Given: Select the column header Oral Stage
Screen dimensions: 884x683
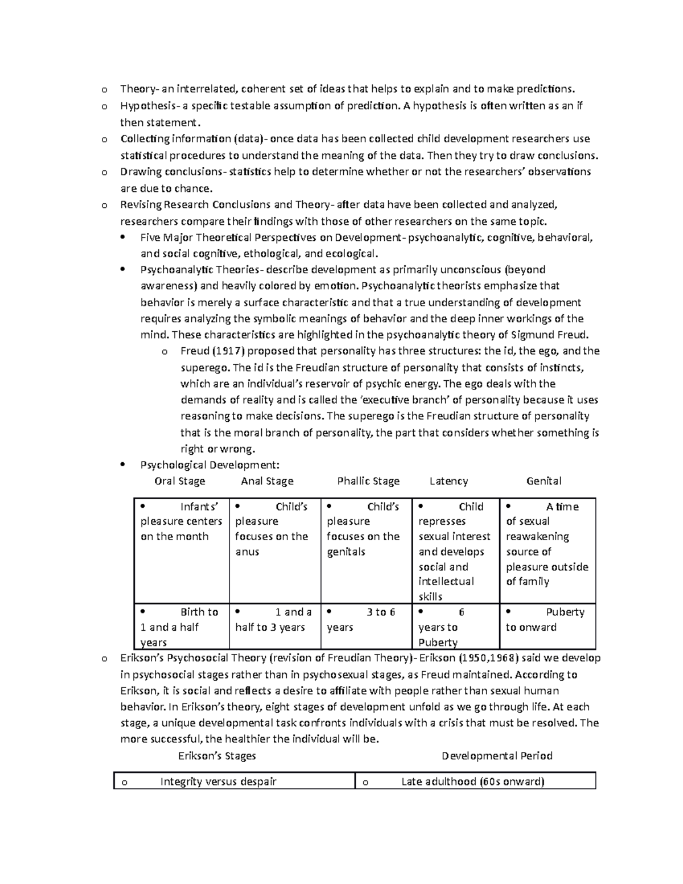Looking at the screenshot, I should coord(179,481).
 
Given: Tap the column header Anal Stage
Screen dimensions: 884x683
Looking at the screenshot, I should coord(267,481).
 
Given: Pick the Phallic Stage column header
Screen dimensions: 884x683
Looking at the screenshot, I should coord(368,481).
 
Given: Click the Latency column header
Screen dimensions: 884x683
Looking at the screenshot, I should coord(449,481).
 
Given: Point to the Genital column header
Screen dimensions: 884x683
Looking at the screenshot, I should coord(544,481).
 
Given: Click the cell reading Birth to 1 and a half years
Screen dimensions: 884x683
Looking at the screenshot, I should coord(181,627).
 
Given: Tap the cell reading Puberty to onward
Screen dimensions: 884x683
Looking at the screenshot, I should coord(546,620).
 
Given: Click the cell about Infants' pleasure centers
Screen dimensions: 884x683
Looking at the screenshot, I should coord(181,521).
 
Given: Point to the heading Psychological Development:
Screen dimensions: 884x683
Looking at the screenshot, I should coord(210,465).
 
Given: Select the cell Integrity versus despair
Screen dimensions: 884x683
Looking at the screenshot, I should coord(218,782).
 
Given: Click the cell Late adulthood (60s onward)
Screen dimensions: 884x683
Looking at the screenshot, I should coord(472,782).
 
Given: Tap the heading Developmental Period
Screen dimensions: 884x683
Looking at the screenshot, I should coord(497,756).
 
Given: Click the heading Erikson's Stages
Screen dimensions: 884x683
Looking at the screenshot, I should coord(217,756).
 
